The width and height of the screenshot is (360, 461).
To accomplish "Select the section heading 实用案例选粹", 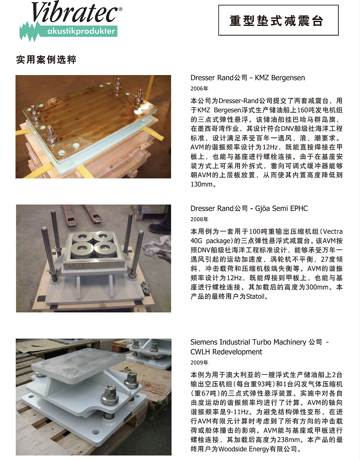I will pyautogui.click(x=46, y=60).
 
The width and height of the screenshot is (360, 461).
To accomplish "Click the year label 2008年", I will pyautogui.click(x=199, y=219).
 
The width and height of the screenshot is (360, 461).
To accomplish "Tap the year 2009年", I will pyautogui.click(x=199, y=363).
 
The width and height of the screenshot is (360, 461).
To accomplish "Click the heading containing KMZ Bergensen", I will pyautogui.click(x=248, y=78).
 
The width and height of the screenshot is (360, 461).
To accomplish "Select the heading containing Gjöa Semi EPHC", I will pyautogui.click(x=249, y=209).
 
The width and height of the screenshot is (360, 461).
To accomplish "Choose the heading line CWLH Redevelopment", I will pyautogui.click(x=226, y=352).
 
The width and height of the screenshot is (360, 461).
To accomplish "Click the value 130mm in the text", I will pyautogui.click(x=202, y=184).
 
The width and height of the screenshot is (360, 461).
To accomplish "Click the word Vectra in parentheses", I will pyautogui.click(x=332, y=232).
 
